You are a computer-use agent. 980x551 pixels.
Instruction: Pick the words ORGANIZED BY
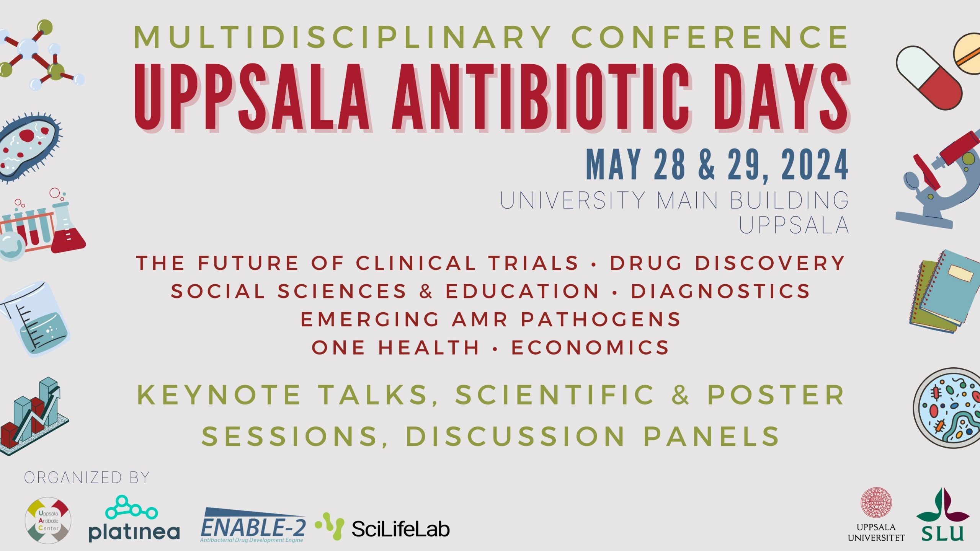87,478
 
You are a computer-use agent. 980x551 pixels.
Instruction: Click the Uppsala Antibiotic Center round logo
48,520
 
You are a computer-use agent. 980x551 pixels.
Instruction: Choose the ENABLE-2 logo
253,525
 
